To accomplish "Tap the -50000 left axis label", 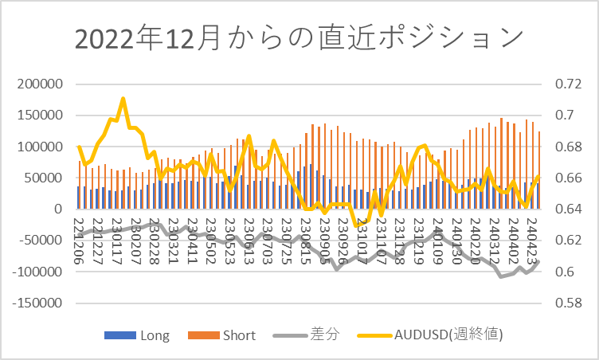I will [39, 241].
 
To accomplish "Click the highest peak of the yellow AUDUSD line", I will [123, 99].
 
